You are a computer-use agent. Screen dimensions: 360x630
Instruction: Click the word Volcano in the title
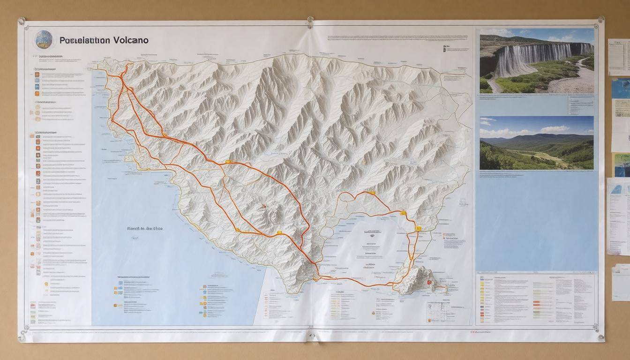(130, 40)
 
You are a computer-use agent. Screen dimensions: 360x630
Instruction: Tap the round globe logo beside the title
(44, 39)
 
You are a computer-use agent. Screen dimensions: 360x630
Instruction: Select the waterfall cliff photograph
(537, 60)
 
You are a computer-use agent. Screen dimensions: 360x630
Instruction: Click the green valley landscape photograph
(537, 143)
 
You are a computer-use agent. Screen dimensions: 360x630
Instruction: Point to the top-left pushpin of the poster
(22, 21)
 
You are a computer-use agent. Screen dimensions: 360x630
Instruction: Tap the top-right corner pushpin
(600, 20)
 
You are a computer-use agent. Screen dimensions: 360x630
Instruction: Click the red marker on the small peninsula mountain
(429, 283)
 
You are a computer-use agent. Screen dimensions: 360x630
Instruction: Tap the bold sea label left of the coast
(145, 229)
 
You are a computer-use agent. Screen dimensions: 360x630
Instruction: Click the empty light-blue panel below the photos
(537, 220)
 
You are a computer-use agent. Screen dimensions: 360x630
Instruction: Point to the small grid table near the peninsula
(438, 311)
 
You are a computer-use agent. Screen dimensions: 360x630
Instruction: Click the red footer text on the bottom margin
(480, 331)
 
